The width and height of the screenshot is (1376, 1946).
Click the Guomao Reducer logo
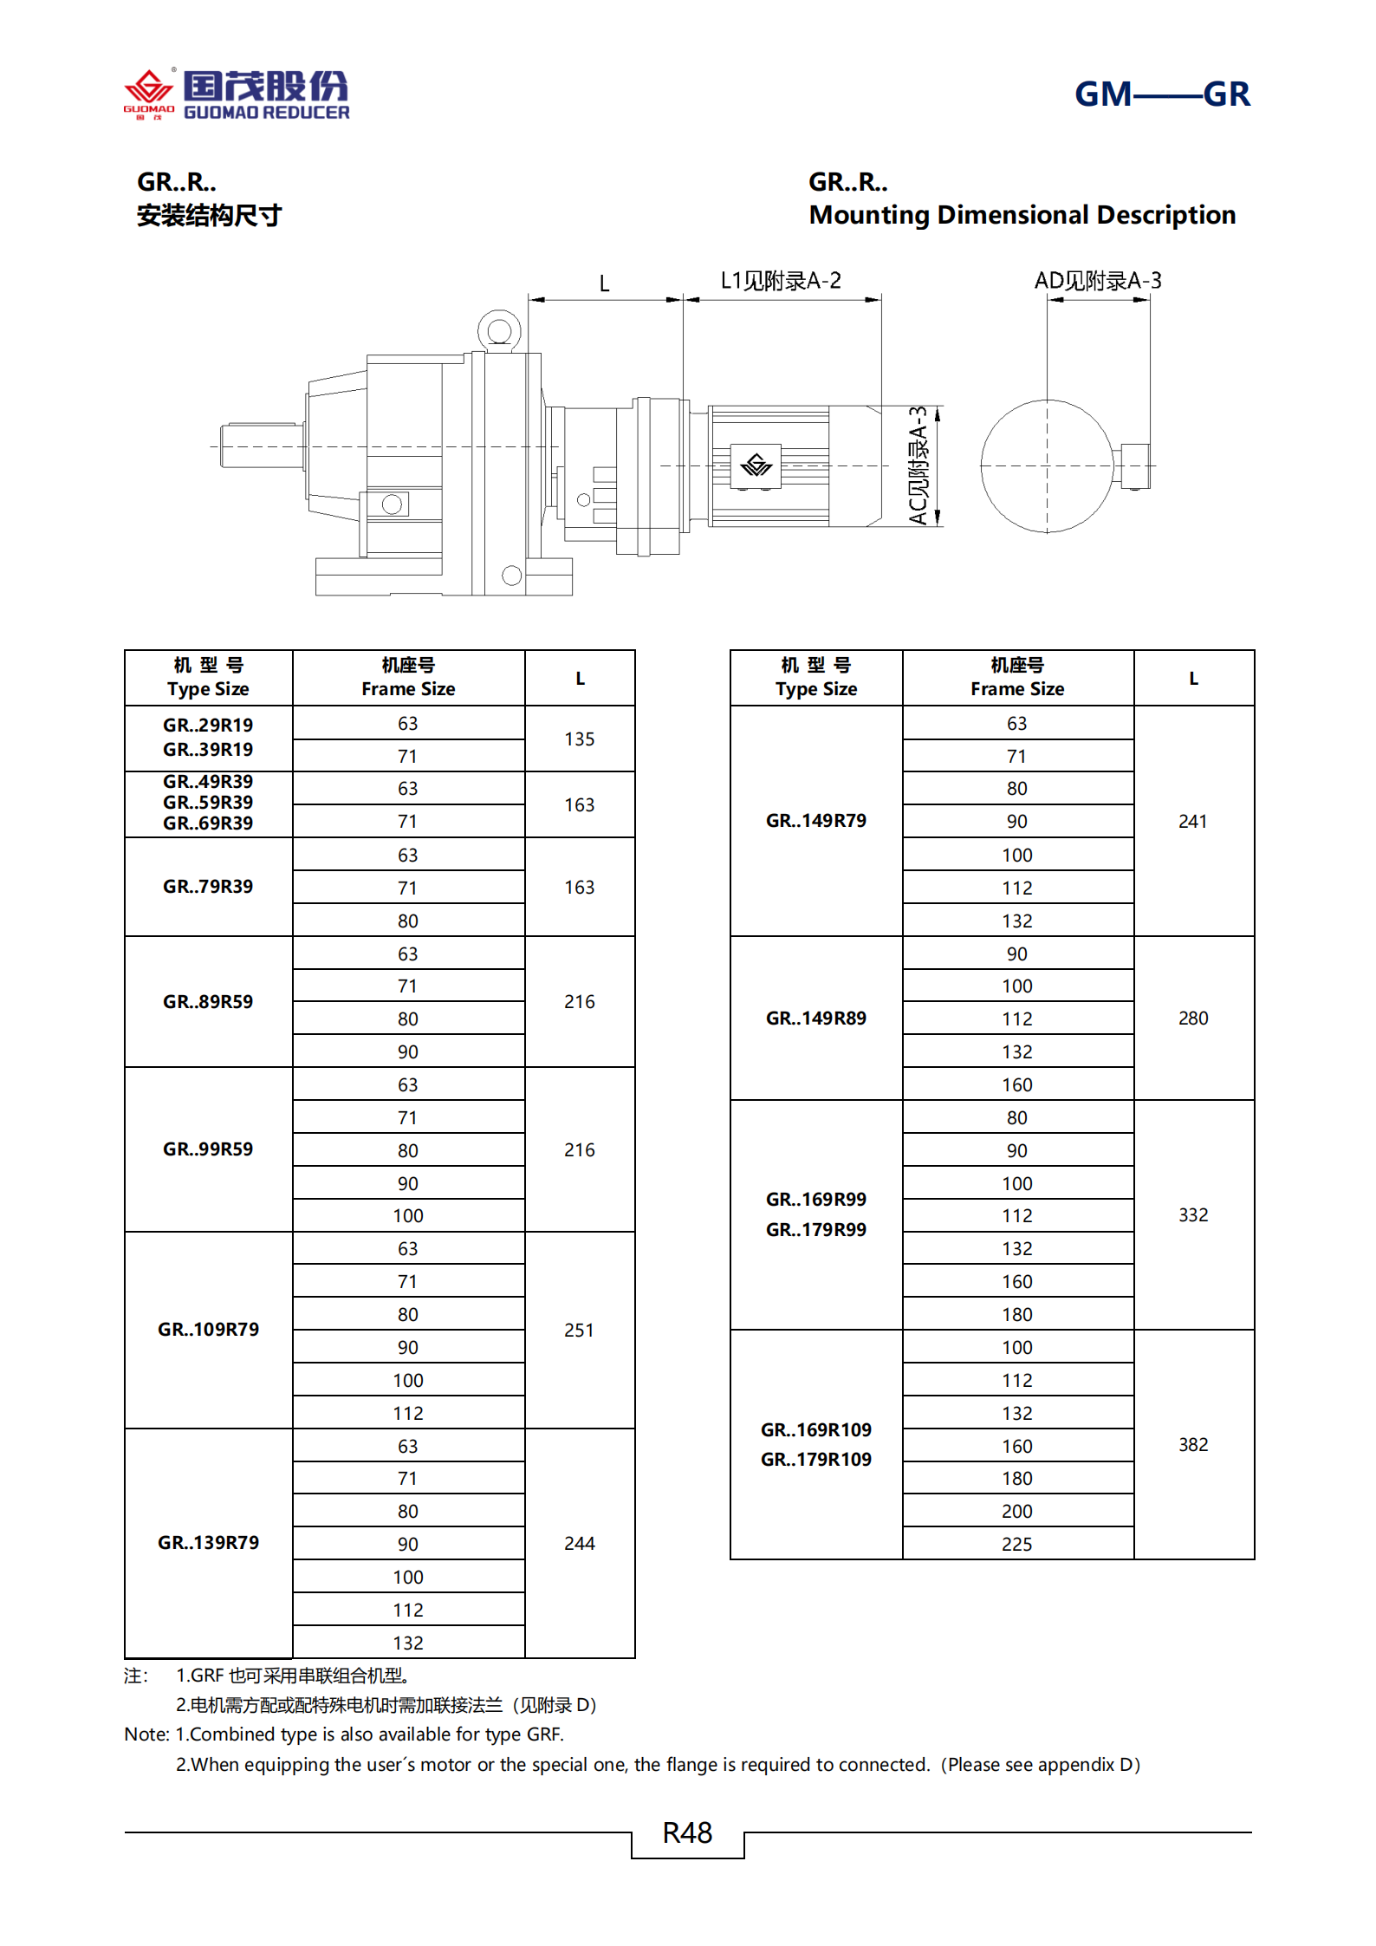pos(236,94)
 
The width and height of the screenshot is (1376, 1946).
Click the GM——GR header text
pos(1161,94)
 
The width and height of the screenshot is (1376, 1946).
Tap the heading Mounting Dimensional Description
pos(1022,215)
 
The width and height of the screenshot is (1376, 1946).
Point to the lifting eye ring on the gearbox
pos(498,330)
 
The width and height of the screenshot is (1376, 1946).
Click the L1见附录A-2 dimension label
pos(780,281)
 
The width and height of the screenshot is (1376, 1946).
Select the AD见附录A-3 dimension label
pos(1097,281)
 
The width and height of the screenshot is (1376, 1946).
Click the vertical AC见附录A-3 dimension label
pos(918,465)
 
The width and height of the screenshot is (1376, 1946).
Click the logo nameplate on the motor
pos(756,466)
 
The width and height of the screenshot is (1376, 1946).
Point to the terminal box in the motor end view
pos(1133,465)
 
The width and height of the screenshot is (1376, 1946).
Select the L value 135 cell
pos(579,739)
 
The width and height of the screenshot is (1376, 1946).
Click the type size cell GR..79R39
pos(208,887)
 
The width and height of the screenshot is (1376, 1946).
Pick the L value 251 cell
pos(579,1330)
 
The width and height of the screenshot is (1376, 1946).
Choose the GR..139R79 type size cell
pos(208,1543)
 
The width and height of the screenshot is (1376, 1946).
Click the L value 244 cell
pos(579,1543)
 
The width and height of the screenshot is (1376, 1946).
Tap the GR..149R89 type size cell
pos(815,1019)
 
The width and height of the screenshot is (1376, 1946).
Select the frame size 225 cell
pos(1016,1544)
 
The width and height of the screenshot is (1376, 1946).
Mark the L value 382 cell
pos(1192,1444)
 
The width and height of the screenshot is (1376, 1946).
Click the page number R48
pos(687,1832)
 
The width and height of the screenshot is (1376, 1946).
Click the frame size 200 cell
pos(1016,1511)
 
